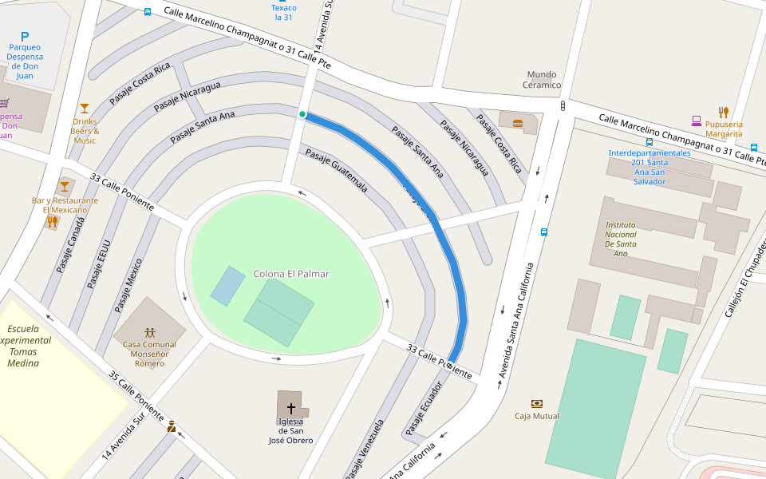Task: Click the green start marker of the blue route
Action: [302, 114]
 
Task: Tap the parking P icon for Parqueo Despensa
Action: [25, 37]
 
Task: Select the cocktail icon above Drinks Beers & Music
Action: [84, 108]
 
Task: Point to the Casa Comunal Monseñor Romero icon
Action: [149, 332]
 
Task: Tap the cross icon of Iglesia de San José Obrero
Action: [290, 406]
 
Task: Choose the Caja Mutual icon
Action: [536, 403]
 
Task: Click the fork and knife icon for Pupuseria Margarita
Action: [724, 112]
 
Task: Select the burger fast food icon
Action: [518, 123]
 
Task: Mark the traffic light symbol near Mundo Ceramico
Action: [563, 105]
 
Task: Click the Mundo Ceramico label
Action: [542, 79]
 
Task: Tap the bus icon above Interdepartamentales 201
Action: [649, 142]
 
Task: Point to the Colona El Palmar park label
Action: [291, 274]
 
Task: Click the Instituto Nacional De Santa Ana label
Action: [621, 239]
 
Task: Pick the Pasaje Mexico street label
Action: [128, 284]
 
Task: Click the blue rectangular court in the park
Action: [227, 286]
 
